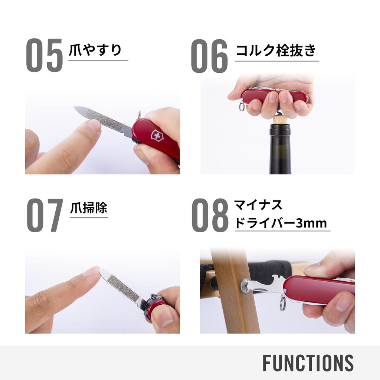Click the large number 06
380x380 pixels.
click(x=209, y=56)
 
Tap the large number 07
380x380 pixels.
click(x=44, y=215)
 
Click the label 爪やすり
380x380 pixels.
click(x=95, y=50)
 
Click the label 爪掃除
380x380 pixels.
click(x=89, y=208)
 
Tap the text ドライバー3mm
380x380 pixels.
click(x=281, y=223)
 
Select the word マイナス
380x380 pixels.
click(x=258, y=205)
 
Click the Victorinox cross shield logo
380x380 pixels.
click(x=156, y=135)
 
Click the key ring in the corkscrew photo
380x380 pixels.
click(x=242, y=107)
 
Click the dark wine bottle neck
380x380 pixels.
click(x=280, y=148)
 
